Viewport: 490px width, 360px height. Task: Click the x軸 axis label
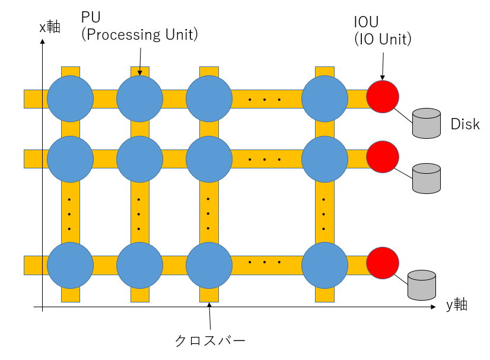pyautogui.click(x=50, y=27)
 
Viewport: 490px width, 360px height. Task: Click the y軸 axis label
pyautogui.click(x=457, y=305)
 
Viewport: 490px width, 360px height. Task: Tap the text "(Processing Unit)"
pyautogui.click(x=139, y=35)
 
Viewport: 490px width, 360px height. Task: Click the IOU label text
pyautogui.click(x=365, y=23)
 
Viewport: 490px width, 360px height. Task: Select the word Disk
pyautogui.click(x=464, y=124)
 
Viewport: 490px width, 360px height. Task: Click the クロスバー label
pyautogui.click(x=209, y=340)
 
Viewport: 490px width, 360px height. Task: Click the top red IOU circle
pyautogui.click(x=383, y=97)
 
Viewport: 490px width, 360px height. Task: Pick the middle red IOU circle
pyautogui.click(x=383, y=157)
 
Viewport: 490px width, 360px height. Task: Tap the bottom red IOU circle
pyautogui.click(x=383, y=263)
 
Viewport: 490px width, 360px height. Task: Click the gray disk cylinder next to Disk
pyautogui.click(x=427, y=123)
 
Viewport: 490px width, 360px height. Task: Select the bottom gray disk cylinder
pyautogui.click(x=422, y=285)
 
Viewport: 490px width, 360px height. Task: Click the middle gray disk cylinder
pyautogui.click(x=427, y=178)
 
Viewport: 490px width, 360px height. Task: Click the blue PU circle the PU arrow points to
pyautogui.click(x=139, y=98)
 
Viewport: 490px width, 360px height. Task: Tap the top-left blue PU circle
pyautogui.click(x=70, y=98)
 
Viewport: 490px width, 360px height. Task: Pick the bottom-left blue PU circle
pyautogui.click(x=70, y=265)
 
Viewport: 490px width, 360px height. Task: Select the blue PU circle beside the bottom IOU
pyautogui.click(x=324, y=265)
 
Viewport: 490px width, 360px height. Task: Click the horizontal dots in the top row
pyautogui.click(x=264, y=99)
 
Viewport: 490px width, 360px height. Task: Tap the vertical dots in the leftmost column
pyautogui.click(x=69, y=214)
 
